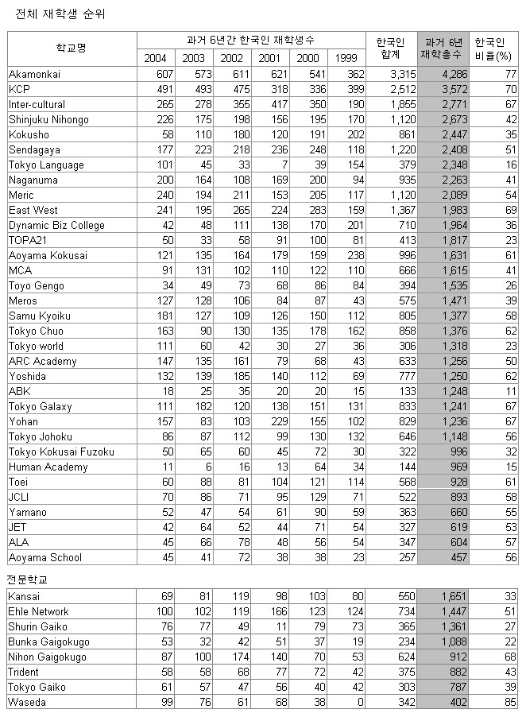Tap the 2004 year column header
156,58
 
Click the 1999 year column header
345,58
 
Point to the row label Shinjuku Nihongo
48,119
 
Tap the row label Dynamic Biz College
56,225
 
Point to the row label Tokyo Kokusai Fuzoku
61,452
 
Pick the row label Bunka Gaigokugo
48,641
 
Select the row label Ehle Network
38,611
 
